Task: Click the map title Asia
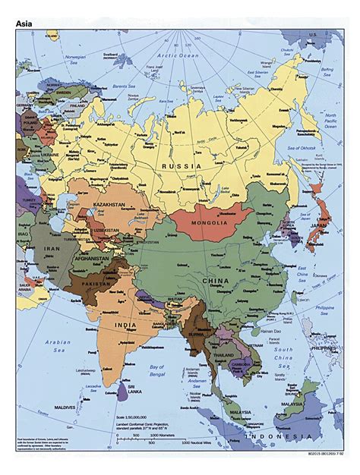[25, 24]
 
